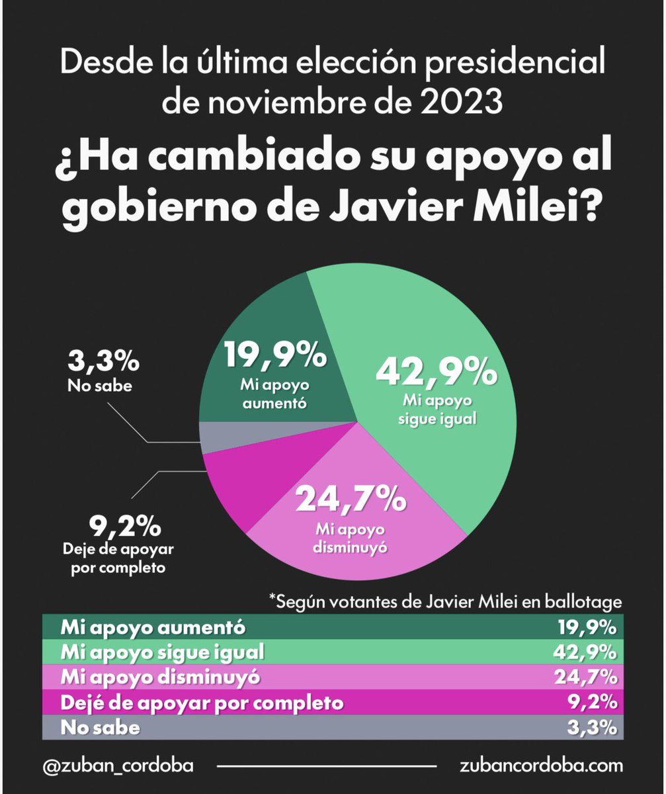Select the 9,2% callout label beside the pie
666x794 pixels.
[x=124, y=527]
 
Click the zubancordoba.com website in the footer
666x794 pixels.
[x=541, y=766]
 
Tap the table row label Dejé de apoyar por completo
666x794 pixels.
[x=202, y=702]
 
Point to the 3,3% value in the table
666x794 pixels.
[x=593, y=727]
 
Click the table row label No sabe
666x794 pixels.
[x=100, y=727]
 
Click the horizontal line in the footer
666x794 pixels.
[x=327, y=766]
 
